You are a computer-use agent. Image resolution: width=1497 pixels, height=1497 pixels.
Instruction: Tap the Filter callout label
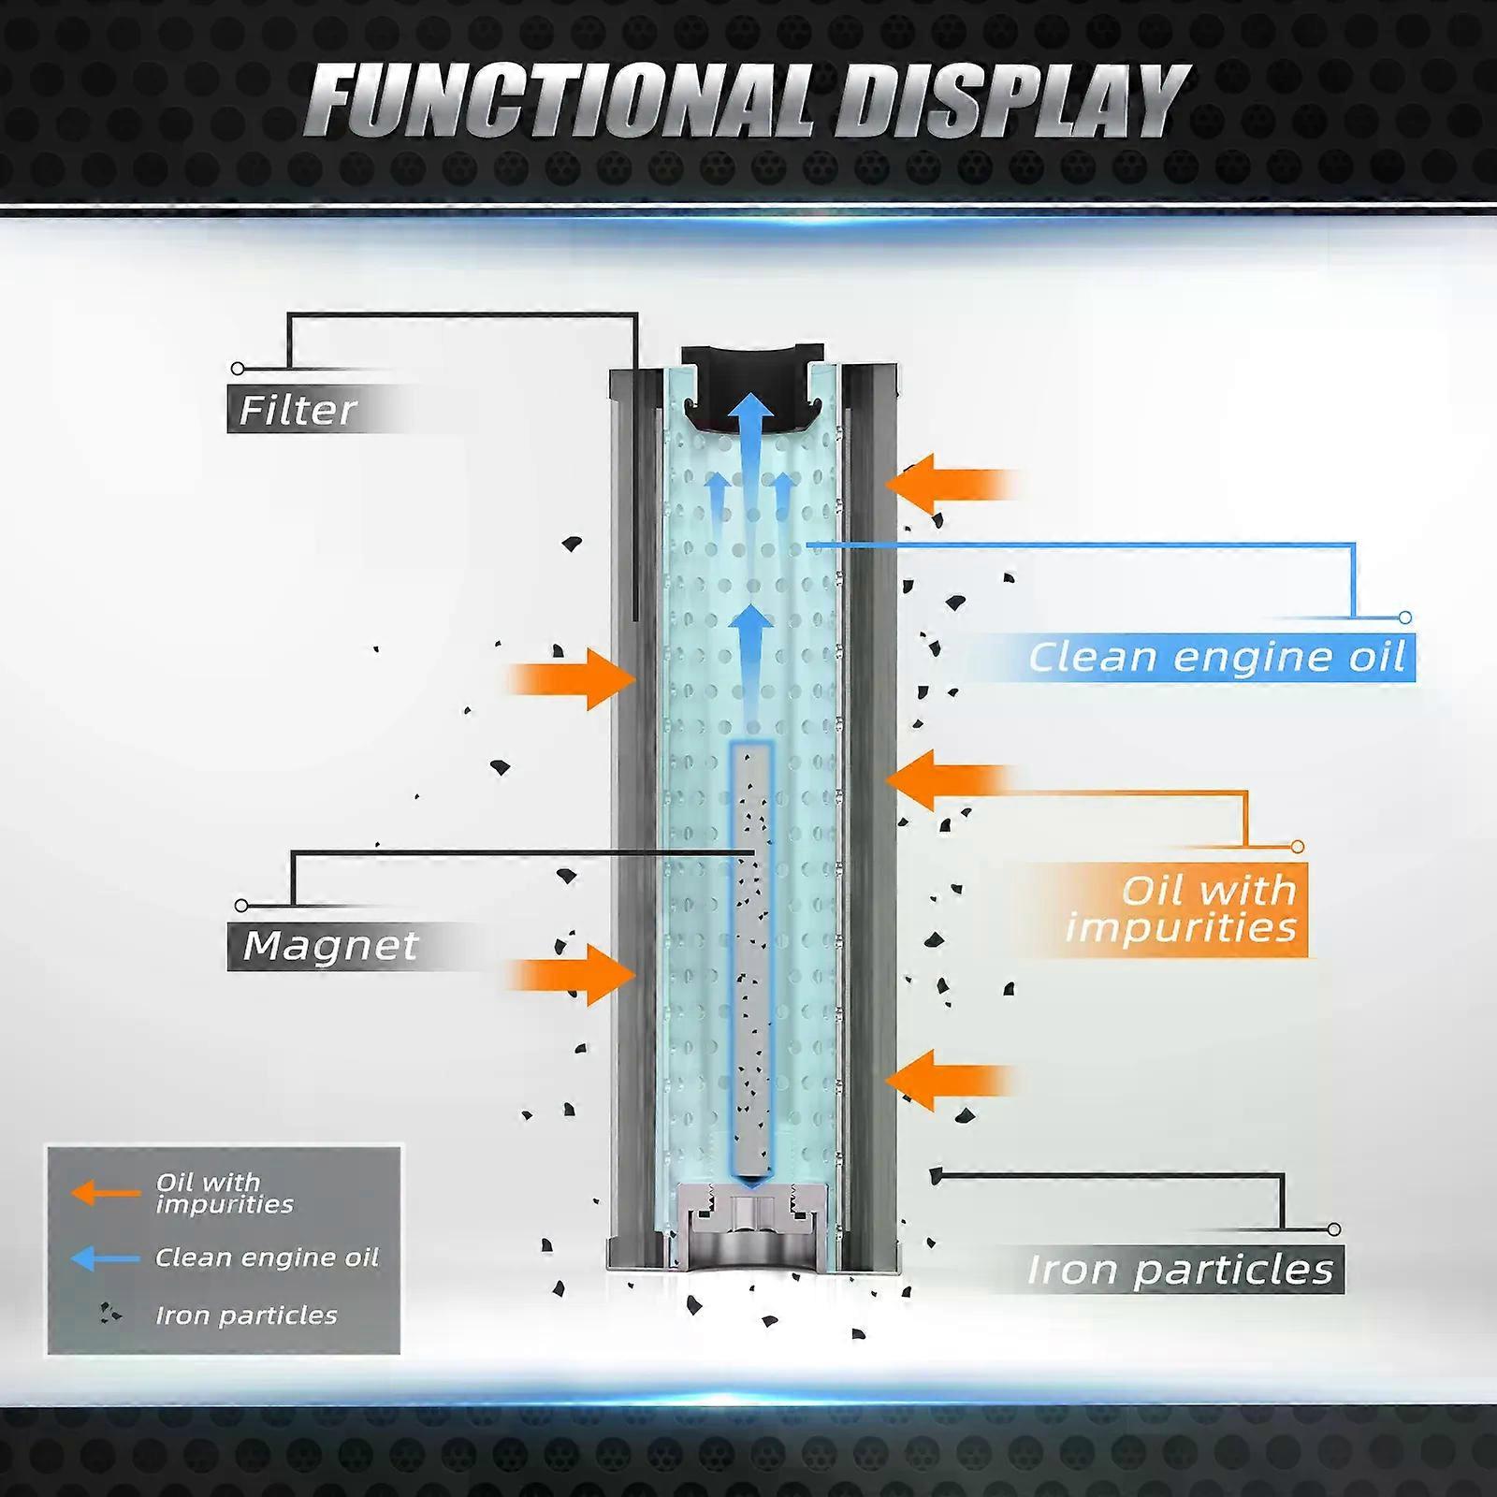click(298, 410)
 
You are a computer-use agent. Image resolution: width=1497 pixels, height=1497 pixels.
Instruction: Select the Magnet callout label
click(329, 946)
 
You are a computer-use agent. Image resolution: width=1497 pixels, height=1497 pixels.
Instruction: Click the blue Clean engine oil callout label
click(1216, 657)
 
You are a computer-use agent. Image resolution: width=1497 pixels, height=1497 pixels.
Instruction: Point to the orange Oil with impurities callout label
click(1181, 909)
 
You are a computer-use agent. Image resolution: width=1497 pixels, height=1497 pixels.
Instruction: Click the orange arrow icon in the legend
click(105, 1193)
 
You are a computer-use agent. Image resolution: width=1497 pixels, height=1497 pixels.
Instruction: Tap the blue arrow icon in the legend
click(105, 1258)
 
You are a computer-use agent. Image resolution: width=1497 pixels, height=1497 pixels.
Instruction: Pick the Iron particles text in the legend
click(246, 1315)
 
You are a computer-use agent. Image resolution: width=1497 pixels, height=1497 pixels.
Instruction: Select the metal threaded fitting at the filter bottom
click(752, 1221)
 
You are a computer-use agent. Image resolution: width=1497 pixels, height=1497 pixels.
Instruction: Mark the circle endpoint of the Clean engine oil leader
click(1404, 618)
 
